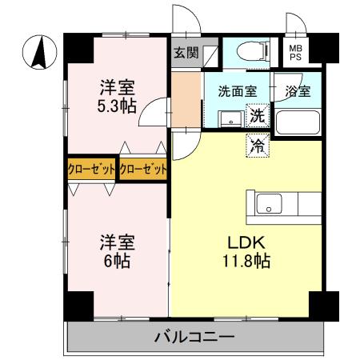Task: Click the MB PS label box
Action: (296, 54)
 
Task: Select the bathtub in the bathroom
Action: (298, 123)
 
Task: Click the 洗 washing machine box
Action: (258, 115)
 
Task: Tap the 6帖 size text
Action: (116, 260)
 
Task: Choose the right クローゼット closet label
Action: (144, 169)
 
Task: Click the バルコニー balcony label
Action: (193, 337)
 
